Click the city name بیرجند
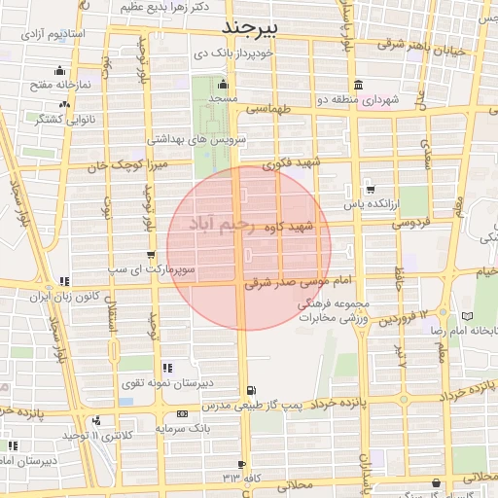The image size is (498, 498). coord(249,25)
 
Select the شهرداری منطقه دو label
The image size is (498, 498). coord(373,99)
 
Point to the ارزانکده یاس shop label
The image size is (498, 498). coord(372,206)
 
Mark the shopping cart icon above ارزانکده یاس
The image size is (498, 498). coord(370,190)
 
